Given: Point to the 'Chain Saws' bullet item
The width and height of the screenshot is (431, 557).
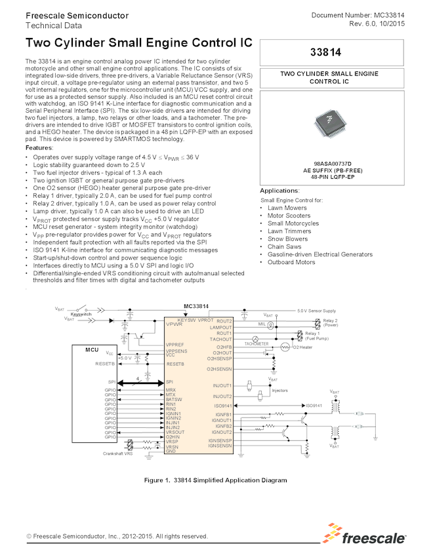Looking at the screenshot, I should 284,246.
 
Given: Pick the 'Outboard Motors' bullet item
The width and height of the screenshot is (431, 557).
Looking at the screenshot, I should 291,262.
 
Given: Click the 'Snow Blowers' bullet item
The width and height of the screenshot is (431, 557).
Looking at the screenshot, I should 287,239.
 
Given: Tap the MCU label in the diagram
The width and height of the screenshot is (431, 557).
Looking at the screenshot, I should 92,350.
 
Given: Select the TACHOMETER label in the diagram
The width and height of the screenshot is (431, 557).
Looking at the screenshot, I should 257,343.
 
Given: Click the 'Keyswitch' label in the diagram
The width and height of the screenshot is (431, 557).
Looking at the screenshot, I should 81,314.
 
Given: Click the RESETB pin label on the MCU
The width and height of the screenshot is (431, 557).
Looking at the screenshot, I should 105,363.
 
